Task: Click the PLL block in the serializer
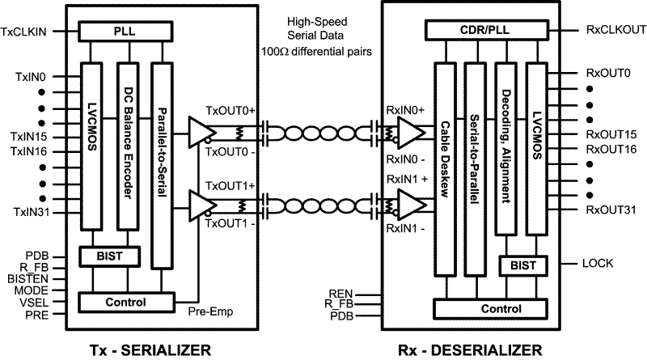click(x=125, y=32)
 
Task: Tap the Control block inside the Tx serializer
click(x=125, y=302)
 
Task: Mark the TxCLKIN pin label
click(x=30, y=32)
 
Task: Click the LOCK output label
click(x=598, y=264)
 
